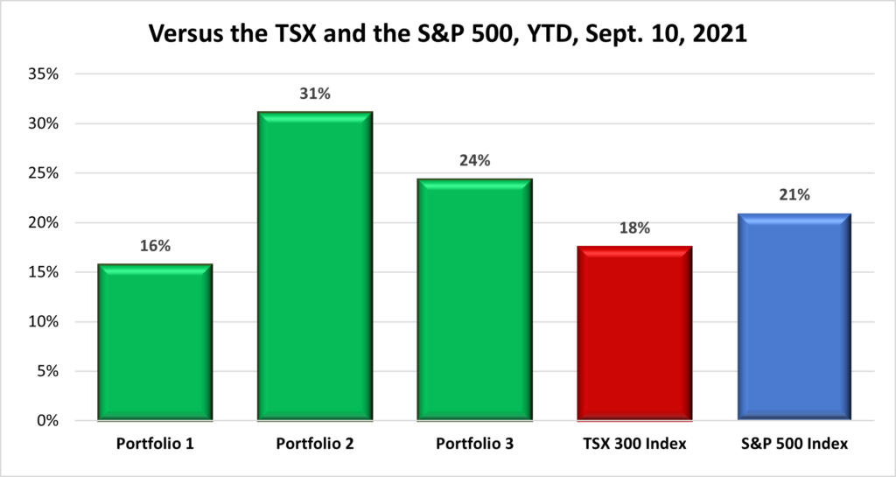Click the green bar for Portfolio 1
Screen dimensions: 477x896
point(154,342)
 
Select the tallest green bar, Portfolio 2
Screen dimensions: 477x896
point(314,266)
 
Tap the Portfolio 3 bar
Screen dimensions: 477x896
point(474,299)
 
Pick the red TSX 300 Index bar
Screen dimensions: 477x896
point(634,333)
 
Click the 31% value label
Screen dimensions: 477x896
point(314,94)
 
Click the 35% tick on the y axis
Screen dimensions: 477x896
point(42,74)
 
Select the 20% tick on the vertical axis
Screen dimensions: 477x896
point(42,223)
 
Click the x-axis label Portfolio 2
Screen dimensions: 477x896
point(314,445)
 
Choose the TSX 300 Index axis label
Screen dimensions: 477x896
point(634,445)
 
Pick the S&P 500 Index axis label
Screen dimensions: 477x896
point(794,445)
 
